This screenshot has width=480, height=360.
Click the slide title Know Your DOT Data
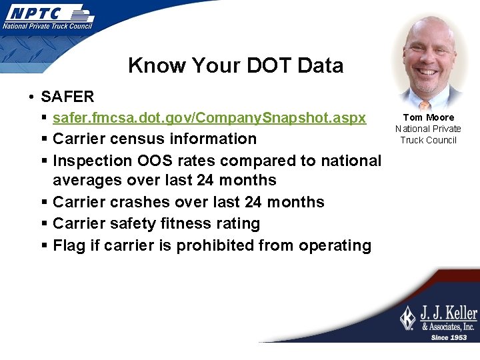coord(235,65)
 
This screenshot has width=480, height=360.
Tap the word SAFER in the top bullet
coord(67,97)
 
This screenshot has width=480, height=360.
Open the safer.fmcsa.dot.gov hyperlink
coord(209,118)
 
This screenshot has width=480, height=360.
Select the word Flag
coord(69,245)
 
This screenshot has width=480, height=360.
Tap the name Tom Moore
coord(428,117)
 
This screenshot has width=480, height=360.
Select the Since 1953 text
coord(448,337)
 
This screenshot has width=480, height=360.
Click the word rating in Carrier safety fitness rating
coord(238,223)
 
